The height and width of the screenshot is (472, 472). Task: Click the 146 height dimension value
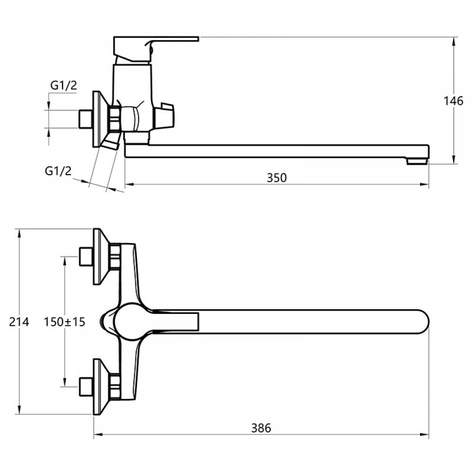click(x=454, y=101)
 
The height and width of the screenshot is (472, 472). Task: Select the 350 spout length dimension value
click(x=277, y=178)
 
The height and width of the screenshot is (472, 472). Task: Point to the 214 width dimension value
click(x=19, y=322)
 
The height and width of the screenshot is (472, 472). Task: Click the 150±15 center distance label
click(x=64, y=322)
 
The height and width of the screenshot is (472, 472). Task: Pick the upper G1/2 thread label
click(x=63, y=85)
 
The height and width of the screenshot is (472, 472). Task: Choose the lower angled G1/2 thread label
click(x=58, y=171)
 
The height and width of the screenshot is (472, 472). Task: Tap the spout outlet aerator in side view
click(x=417, y=162)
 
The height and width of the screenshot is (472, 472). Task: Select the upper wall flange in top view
click(x=99, y=257)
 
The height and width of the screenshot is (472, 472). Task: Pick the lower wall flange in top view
click(x=99, y=387)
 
